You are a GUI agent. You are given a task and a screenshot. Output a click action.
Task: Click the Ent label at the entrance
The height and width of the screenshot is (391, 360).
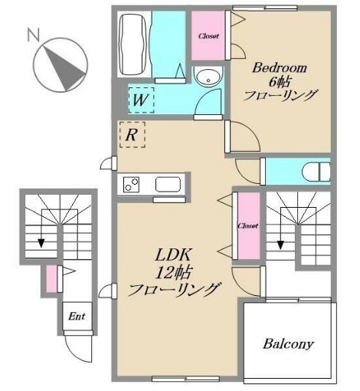tap(76, 316)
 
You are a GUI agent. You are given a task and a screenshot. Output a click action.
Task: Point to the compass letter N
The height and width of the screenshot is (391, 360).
tap(32, 34)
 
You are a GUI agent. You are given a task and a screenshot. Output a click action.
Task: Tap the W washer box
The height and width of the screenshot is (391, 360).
tap(139, 99)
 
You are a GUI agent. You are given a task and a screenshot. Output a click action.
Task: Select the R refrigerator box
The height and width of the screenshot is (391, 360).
tap(132, 136)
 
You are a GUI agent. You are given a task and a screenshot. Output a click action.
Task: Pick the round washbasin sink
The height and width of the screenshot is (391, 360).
tap(205, 77)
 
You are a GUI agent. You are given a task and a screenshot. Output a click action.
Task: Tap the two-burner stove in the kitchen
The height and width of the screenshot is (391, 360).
tap(131, 185)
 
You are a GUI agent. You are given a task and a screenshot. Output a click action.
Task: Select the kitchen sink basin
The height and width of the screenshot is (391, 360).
tap(167, 185)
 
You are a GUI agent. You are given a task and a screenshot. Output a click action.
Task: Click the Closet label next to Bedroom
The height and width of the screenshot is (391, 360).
tap(208, 36)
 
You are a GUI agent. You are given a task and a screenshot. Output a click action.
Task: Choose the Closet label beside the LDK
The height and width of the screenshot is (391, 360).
tap(247, 226)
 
